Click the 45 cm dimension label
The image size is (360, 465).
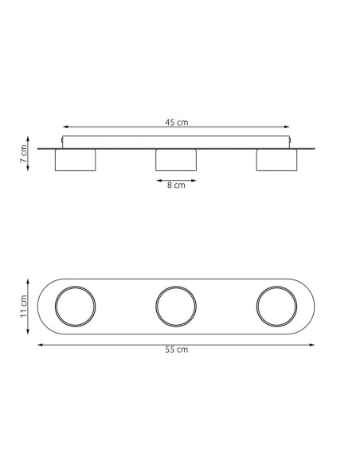point(177,122)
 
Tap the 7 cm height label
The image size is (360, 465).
point(23,154)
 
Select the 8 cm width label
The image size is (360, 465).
point(176,185)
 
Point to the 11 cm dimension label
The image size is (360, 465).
point(23,307)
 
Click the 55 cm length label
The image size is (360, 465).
point(177,350)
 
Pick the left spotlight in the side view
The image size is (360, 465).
point(76,160)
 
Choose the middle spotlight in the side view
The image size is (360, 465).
point(176,160)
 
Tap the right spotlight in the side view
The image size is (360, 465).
point(276,160)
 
